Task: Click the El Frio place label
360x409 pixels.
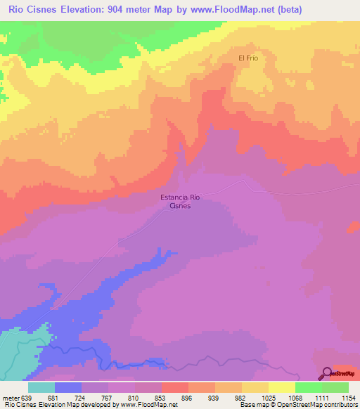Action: click(248, 58)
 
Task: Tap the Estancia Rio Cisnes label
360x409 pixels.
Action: click(181, 202)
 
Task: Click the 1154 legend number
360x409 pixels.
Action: click(349, 397)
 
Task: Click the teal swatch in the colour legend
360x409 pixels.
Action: click(41, 387)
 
